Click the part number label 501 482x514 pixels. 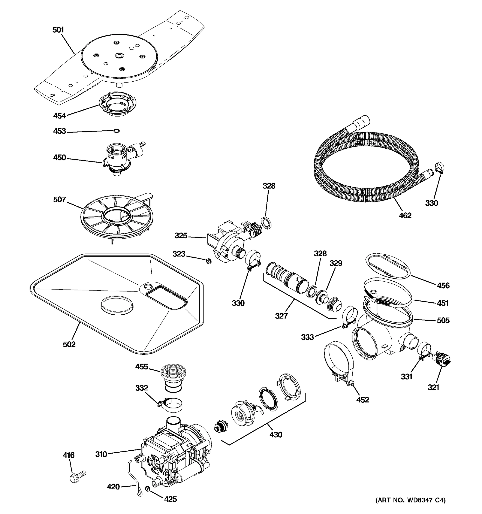[58, 30]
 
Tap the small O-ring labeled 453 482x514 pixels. [116, 131]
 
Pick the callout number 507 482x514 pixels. [60, 199]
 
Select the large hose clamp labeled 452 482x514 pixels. [339, 362]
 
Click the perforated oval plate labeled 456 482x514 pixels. [388, 266]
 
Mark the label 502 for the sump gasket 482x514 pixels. [69, 344]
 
